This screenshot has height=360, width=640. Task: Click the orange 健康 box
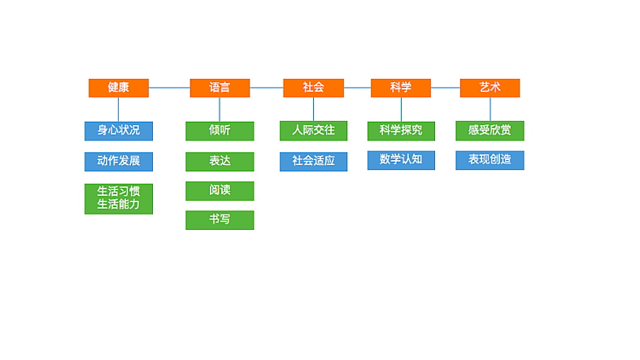coord(118,88)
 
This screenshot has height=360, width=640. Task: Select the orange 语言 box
coord(220,88)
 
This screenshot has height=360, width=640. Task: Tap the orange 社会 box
coord(313,88)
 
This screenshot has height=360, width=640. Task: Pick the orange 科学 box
coord(401,88)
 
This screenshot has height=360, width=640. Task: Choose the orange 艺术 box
coord(490,88)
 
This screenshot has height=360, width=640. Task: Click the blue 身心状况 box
coord(119,131)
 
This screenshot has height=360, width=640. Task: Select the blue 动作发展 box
coord(119,161)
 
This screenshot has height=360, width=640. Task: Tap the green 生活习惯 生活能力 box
coord(119,198)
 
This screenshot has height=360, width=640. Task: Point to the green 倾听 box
coord(220,131)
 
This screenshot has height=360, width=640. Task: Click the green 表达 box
coord(220,161)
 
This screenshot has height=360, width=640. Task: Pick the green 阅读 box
coord(220,190)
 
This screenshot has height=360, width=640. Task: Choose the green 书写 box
coord(220,219)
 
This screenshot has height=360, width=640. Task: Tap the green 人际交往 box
coord(313,131)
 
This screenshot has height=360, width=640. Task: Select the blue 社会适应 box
coord(313,161)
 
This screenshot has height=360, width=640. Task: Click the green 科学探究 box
coord(401,131)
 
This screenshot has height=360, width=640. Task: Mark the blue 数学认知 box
coord(401,159)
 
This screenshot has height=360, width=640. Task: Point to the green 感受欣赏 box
coord(490,131)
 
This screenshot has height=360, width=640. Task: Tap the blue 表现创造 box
coord(490,159)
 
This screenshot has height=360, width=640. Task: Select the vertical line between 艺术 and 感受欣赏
coord(490,109)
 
